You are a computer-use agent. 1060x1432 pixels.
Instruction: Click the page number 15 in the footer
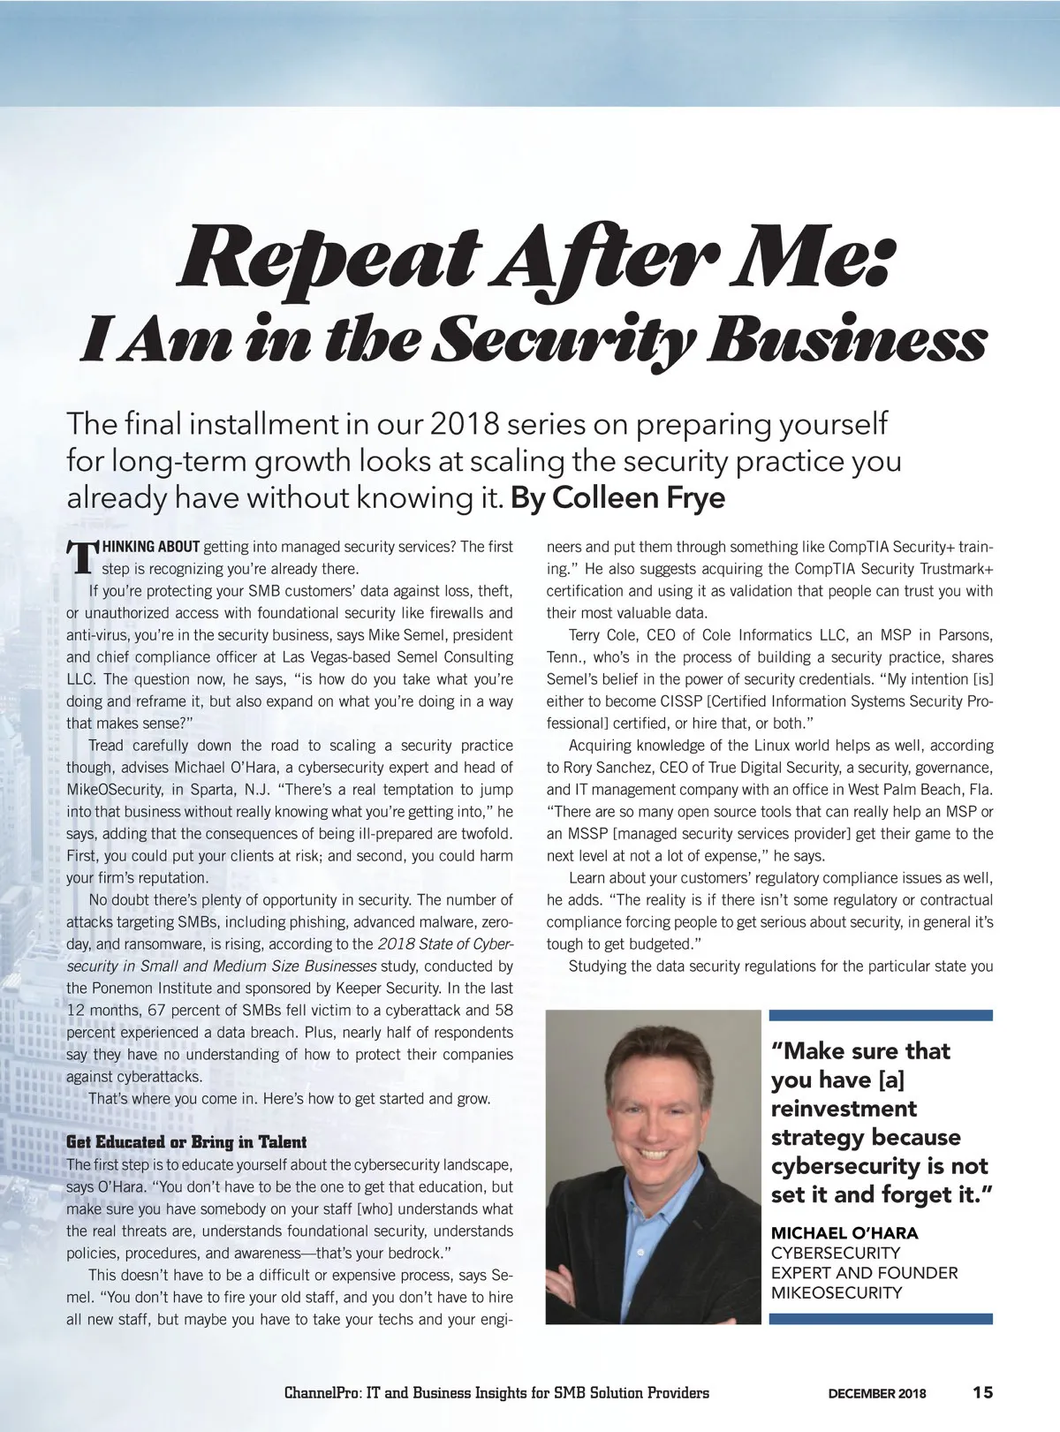click(982, 1392)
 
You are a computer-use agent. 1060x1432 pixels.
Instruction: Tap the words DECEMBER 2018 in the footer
click(876, 1393)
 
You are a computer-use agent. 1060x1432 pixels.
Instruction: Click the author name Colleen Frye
click(639, 498)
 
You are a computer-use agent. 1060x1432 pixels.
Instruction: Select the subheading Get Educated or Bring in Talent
click(186, 1142)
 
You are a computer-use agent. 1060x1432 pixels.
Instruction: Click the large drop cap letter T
click(81, 557)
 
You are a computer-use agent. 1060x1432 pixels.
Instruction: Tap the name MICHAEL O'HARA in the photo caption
click(844, 1232)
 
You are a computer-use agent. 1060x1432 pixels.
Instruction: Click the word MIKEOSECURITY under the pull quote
click(837, 1292)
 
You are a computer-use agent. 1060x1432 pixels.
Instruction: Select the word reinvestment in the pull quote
click(844, 1108)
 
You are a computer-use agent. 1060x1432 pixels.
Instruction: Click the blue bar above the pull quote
click(882, 1016)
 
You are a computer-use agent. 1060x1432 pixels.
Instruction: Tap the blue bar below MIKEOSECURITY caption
click(882, 1319)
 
